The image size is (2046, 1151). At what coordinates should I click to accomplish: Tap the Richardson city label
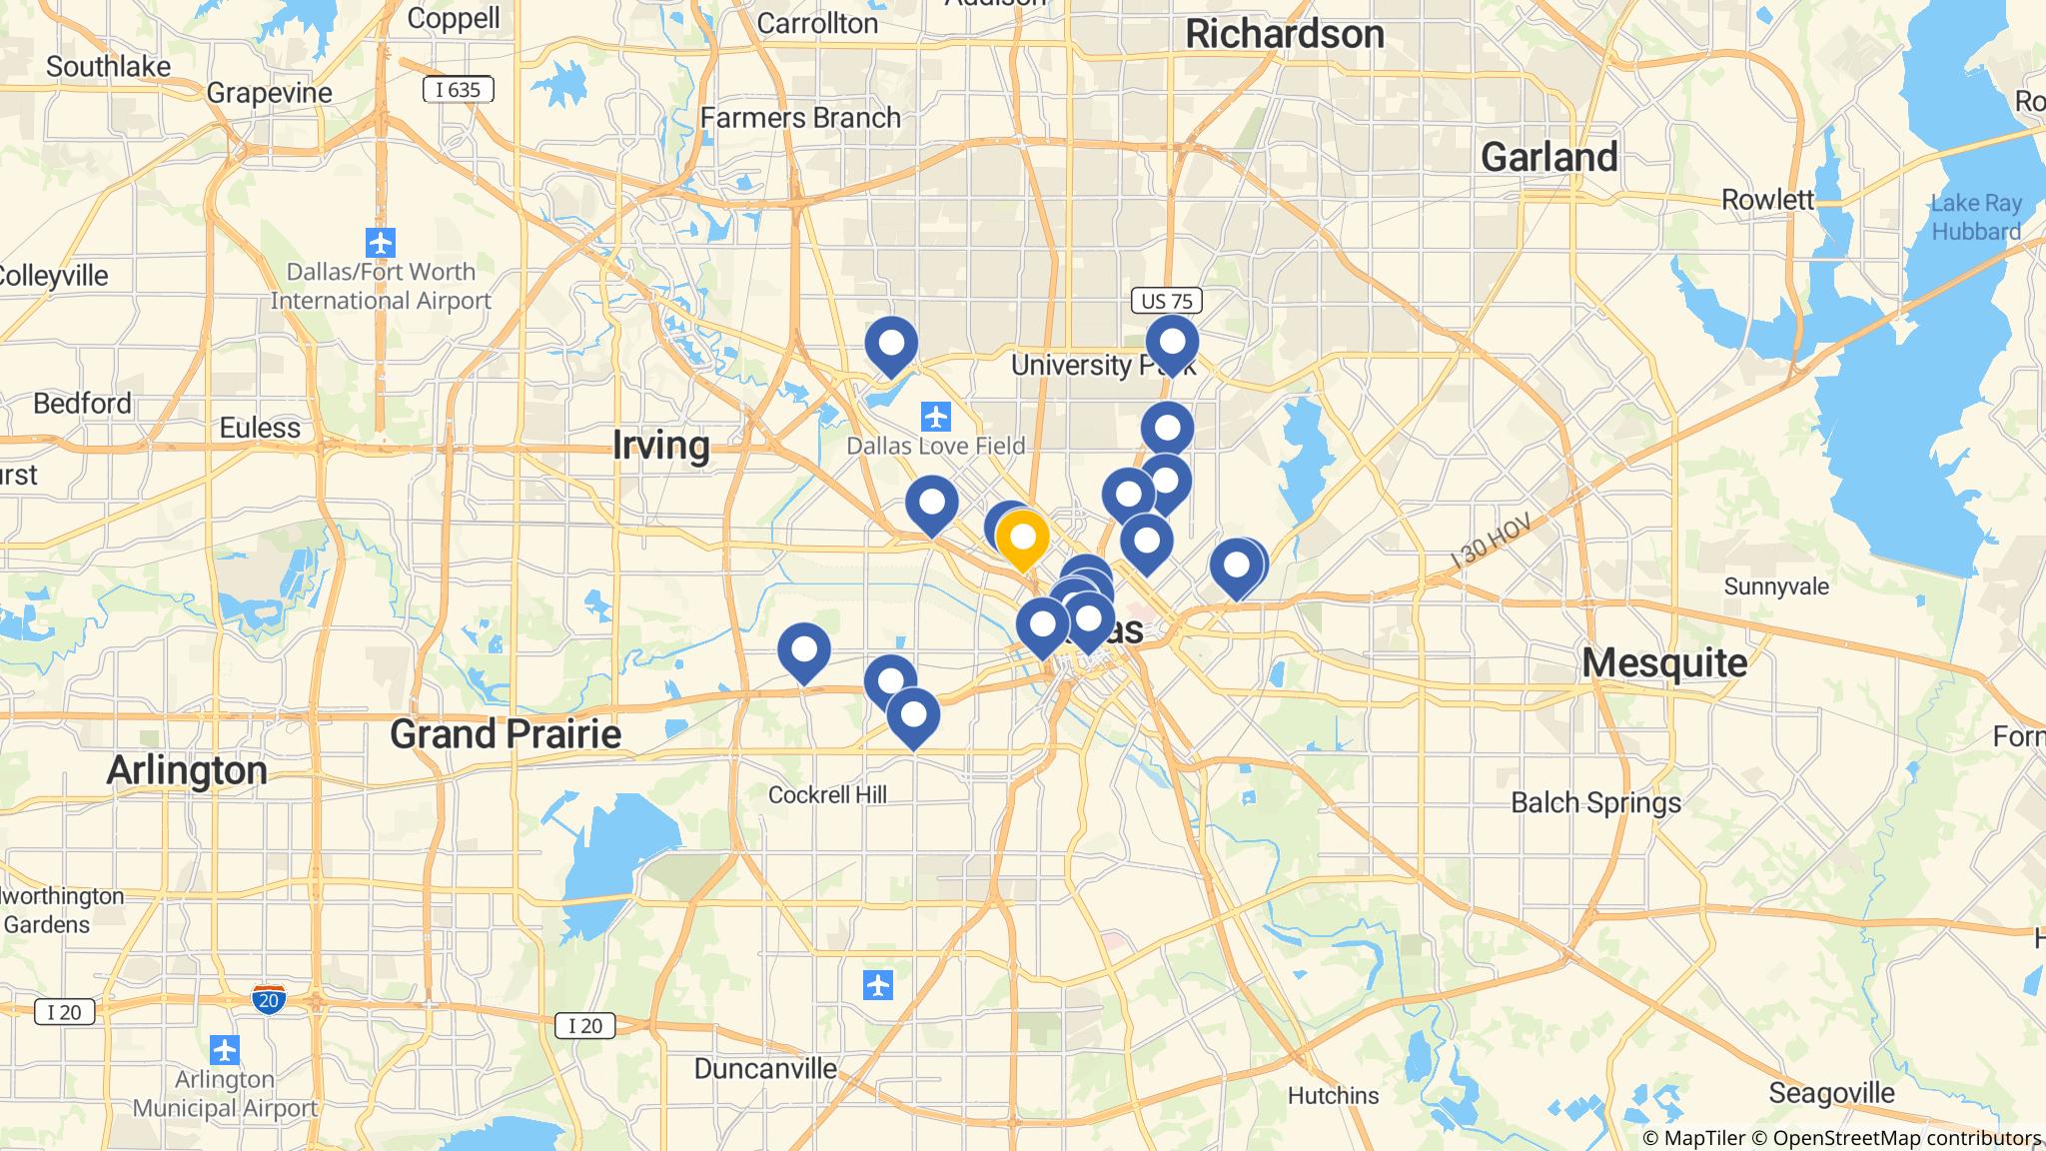[1284, 35]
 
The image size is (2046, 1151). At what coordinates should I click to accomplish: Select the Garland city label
[1548, 157]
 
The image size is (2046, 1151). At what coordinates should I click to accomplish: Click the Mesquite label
[1664, 662]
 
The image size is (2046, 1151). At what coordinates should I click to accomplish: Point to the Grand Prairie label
[506, 734]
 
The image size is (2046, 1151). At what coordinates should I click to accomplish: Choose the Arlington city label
[187, 770]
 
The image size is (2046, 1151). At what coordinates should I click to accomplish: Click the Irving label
[660, 445]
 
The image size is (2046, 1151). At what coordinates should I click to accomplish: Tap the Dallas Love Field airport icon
[935, 416]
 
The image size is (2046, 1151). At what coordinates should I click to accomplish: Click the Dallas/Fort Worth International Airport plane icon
[381, 243]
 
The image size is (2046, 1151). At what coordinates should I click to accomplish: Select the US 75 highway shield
[1166, 301]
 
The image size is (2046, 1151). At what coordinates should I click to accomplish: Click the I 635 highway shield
[459, 90]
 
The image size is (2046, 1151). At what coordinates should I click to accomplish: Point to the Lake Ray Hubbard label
[1975, 217]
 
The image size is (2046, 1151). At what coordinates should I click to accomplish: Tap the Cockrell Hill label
[827, 795]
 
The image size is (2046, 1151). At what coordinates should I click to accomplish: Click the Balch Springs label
[1595, 803]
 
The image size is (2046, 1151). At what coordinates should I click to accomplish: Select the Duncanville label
[765, 1068]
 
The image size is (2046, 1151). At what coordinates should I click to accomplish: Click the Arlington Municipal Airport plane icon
[225, 1051]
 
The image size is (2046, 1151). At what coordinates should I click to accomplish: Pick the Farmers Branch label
[800, 118]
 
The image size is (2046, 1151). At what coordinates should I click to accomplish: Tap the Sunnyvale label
[1776, 585]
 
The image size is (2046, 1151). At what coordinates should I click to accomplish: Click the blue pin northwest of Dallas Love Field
[891, 345]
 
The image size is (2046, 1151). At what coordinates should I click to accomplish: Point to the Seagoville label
[1831, 1093]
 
